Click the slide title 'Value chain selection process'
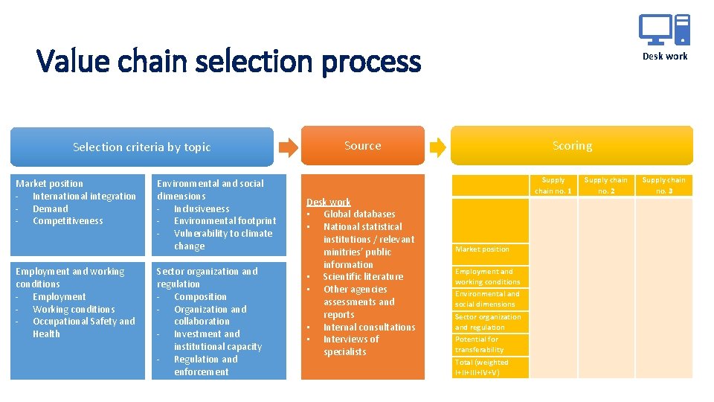(x=228, y=61)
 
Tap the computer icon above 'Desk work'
(x=664, y=31)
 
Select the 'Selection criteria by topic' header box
(x=141, y=147)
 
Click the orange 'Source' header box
(x=362, y=146)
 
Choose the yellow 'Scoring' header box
(x=572, y=146)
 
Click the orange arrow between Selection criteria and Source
(x=288, y=147)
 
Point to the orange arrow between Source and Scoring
(x=438, y=147)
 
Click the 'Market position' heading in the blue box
(x=50, y=183)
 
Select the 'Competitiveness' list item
(x=68, y=221)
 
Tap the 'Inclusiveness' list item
(x=202, y=209)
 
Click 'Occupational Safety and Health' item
(x=83, y=328)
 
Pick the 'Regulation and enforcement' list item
(x=205, y=366)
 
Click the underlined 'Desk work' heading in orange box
(x=328, y=202)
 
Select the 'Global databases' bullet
(x=359, y=214)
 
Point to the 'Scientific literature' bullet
(x=363, y=277)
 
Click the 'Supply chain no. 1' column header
(x=553, y=185)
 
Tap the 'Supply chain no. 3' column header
(x=664, y=185)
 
